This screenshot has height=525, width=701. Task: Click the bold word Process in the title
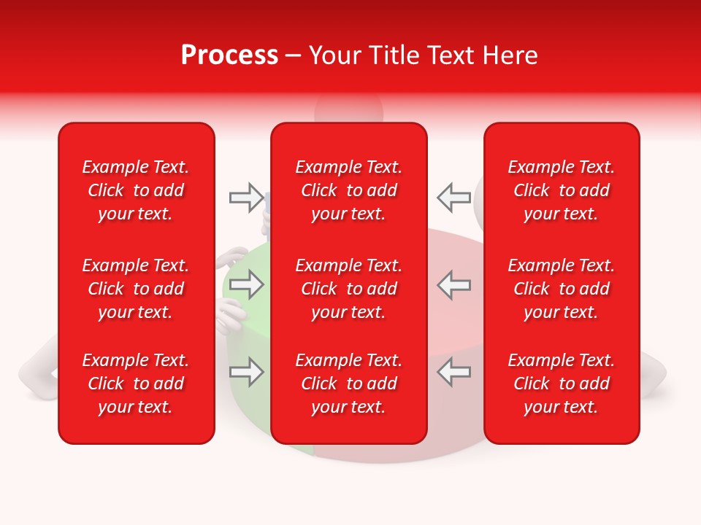point(229,55)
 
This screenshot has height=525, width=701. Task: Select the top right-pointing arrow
point(246,197)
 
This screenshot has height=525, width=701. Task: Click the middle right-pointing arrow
point(246,284)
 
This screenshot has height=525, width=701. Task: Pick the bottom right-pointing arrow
point(246,372)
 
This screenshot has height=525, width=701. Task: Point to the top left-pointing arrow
point(453,197)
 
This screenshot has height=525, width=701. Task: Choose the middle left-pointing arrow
point(453,284)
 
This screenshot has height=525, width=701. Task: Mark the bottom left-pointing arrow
point(453,372)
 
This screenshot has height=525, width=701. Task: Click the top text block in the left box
point(136,190)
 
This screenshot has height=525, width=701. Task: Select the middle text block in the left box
point(136,289)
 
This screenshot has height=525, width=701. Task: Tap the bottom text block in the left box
point(136,384)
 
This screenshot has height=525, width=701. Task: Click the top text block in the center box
point(349,190)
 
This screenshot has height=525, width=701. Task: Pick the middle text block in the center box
point(349,289)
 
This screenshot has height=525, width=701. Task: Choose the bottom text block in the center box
point(349,384)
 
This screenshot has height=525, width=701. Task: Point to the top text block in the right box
point(562,190)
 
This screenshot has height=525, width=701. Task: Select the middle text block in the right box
point(562,289)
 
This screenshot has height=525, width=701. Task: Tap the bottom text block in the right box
point(562,384)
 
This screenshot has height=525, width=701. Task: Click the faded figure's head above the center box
point(349,109)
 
